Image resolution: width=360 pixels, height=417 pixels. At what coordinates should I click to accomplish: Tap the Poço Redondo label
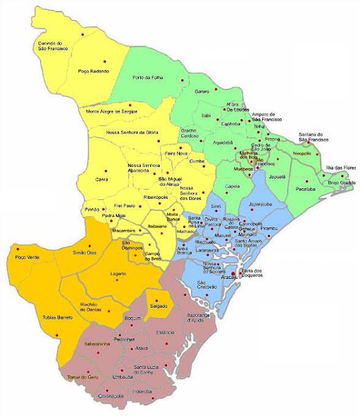91,71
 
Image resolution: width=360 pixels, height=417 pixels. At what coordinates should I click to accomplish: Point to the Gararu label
202,93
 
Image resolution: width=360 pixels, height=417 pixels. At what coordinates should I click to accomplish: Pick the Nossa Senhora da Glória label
132,133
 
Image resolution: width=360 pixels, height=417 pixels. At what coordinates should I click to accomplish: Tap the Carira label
101,179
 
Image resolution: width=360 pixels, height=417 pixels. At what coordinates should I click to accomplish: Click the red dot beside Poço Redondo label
104,61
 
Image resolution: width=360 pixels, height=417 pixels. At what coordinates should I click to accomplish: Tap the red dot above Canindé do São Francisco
83,33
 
